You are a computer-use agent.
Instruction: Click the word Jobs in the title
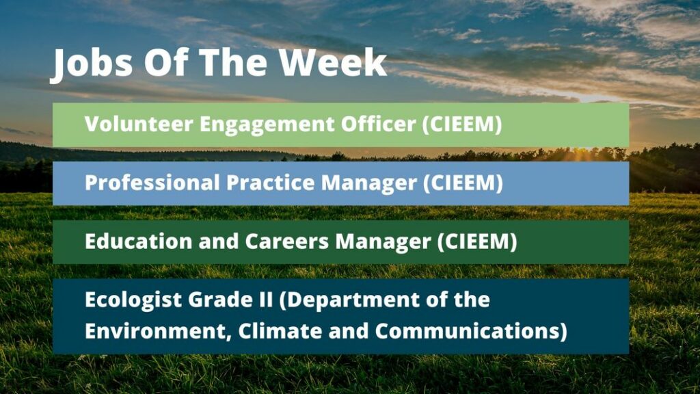(x=91, y=64)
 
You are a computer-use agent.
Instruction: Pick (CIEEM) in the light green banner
(x=463, y=124)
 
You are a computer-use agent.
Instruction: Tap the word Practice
(x=271, y=183)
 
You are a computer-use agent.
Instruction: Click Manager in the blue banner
(x=369, y=183)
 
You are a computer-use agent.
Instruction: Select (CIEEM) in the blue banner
(x=463, y=183)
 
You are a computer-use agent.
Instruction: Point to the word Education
(x=138, y=241)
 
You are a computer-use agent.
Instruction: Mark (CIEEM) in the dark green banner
(x=477, y=241)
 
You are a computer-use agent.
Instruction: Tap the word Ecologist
(x=133, y=300)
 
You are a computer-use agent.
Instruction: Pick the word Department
(x=349, y=300)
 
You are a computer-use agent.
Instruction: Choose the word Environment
(x=158, y=332)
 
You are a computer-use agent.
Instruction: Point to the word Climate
(x=280, y=331)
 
